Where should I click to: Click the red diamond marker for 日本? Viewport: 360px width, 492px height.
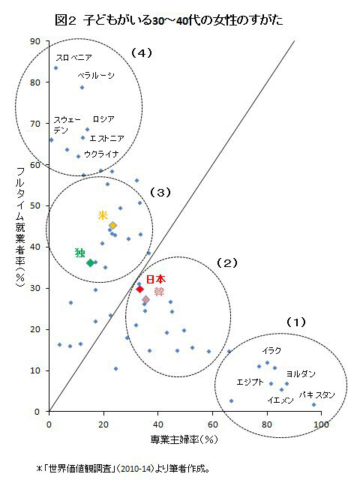(139, 289)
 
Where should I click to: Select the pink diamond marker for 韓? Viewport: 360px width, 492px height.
(146, 300)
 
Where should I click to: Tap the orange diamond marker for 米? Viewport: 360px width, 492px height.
(112, 225)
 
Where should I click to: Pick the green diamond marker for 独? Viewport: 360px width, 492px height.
(91, 263)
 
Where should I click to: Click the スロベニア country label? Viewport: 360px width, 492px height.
(73, 58)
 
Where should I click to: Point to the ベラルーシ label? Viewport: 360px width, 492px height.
(96, 75)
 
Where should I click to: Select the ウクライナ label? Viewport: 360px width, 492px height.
(102, 154)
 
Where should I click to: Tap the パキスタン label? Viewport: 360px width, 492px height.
(316, 395)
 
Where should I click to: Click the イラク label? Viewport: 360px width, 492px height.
(271, 350)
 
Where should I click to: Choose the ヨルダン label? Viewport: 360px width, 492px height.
(301, 373)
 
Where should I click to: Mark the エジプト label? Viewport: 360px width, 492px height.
(250, 382)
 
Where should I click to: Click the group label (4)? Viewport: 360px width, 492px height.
(141, 53)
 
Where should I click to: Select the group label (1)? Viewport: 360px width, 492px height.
(295, 322)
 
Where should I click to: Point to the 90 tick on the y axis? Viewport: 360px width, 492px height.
(35, 41)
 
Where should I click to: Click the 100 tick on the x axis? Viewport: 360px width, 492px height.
(322, 424)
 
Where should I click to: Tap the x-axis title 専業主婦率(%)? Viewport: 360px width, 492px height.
(184, 439)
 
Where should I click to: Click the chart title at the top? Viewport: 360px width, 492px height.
(169, 20)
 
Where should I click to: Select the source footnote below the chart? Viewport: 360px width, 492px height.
(123, 469)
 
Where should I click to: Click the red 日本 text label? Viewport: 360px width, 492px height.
(156, 279)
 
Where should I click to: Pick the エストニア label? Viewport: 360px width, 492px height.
(107, 138)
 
